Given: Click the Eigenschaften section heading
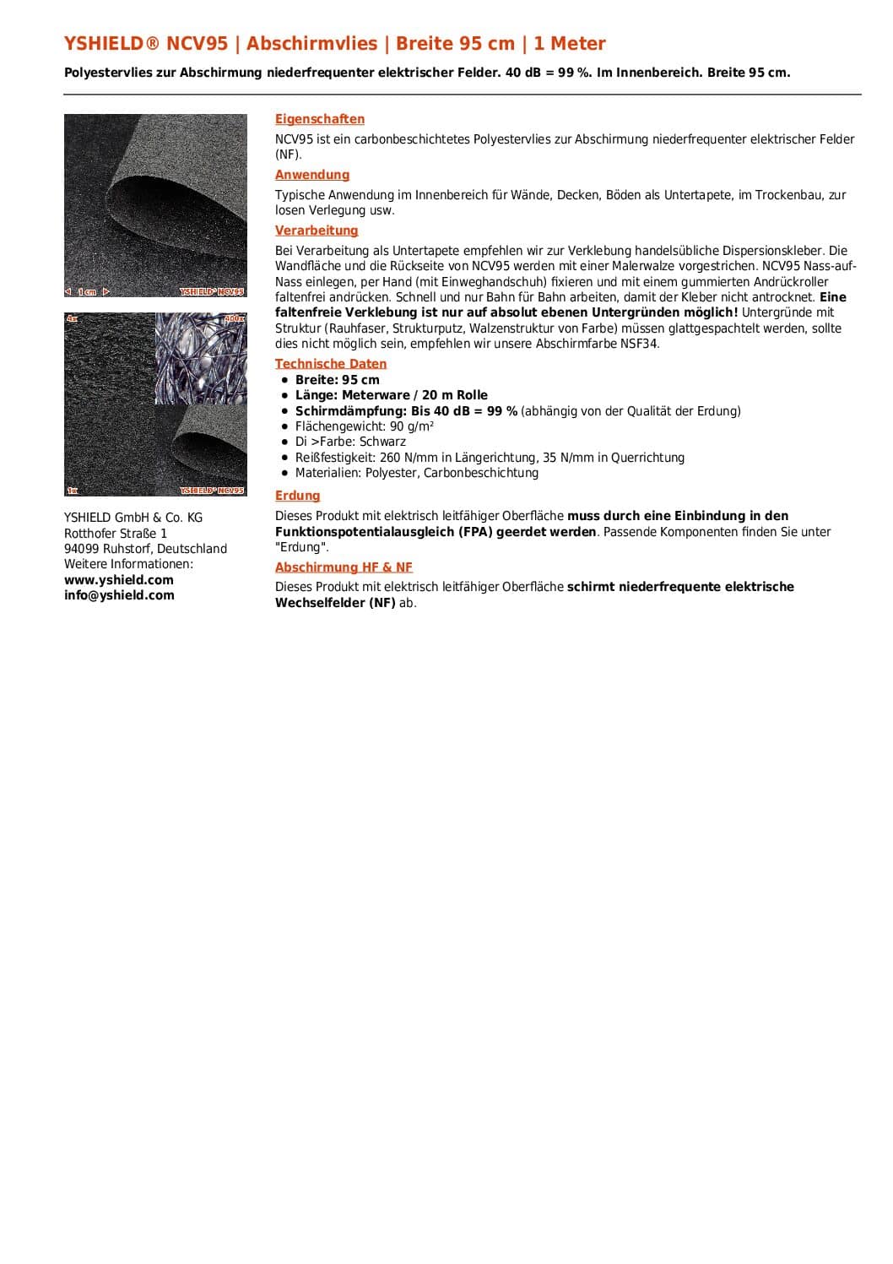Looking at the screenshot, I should pos(320,119).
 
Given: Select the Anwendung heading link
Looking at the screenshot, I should pos(312,175).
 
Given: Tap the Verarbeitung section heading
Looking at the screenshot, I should pos(317,231).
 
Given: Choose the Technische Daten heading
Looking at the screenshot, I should pos(331,364).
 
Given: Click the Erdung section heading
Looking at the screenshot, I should pos(297,496).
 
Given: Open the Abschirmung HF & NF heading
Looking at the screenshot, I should pos(344,567).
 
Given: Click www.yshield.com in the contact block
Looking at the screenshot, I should pos(119,580).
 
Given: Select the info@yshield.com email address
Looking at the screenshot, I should pos(119,595).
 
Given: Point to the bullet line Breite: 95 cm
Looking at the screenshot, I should pos(338,380).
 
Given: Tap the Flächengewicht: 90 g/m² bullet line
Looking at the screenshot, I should pos(365,426).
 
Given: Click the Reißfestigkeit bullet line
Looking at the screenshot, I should pos(490,458).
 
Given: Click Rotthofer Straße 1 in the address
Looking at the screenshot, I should pos(116,534).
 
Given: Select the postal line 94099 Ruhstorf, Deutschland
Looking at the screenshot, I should pos(145,549).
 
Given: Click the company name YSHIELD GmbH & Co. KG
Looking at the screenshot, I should pos(133,518).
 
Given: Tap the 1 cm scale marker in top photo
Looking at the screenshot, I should pos(87,292).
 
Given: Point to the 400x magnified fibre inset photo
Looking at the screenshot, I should pos(202,355).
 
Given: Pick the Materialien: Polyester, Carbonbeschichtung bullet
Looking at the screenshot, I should pos(417,473).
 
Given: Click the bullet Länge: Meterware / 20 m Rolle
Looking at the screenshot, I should pos(392,395).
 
